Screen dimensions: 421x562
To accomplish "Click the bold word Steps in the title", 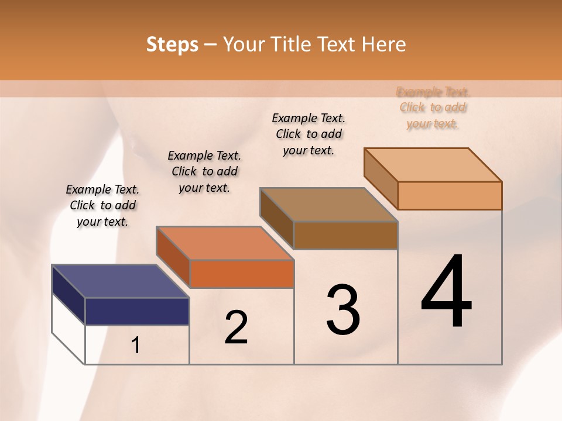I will pyautogui.click(x=172, y=44).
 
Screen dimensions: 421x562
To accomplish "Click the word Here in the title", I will pyautogui.click(x=384, y=44).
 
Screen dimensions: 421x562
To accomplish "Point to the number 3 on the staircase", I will pyautogui.click(x=343, y=310).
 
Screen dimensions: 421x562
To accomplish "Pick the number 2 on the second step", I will pyautogui.click(x=236, y=327).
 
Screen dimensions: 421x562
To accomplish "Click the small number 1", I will pyautogui.click(x=136, y=345).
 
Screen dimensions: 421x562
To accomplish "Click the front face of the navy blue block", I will pyautogui.click(x=137, y=311).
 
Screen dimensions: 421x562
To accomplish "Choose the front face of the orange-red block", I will pyautogui.click(x=242, y=274).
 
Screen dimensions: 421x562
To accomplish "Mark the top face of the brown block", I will pyautogui.click(x=328, y=205).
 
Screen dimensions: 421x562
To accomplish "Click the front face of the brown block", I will pyautogui.click(x=345, y=235).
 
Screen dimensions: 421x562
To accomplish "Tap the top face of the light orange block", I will pyautogui.click(x=433, y=164).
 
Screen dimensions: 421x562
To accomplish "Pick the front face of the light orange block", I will pyautogui.click(x=450, y=195).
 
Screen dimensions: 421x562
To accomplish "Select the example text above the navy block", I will pyautogui.click(x=102, y=205).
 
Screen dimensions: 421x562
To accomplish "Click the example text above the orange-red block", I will pyautogui.click(x=204, y=171).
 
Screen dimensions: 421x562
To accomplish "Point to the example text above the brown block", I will pyautogui.click(x=309, y=134).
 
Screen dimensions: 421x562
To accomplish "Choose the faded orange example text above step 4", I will pyautogui.click(x=433, y=108).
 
